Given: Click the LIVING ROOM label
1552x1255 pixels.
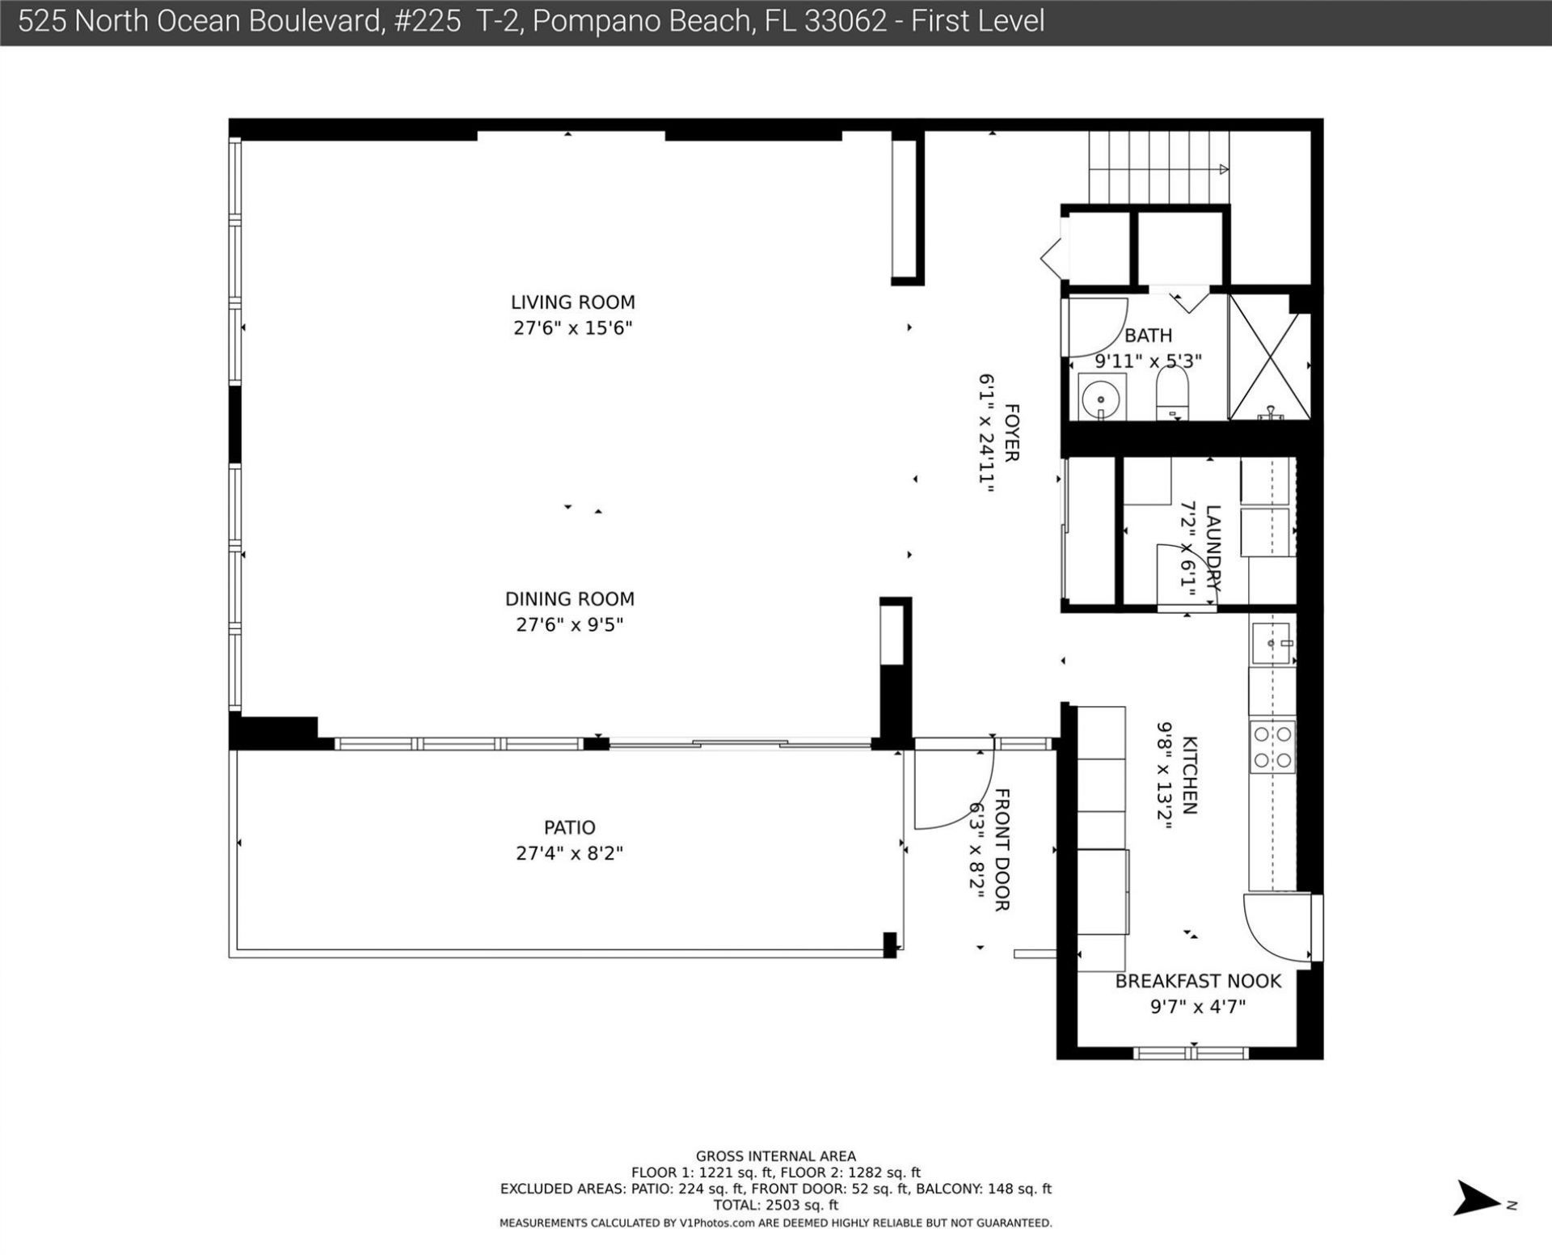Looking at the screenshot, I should (572, 302).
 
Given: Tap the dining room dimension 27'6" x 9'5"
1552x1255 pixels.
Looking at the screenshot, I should (570, 625).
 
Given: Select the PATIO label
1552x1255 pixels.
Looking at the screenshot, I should (569, 827).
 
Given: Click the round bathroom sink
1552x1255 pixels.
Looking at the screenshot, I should (1100, 399).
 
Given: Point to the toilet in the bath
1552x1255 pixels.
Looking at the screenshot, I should (1172, 394).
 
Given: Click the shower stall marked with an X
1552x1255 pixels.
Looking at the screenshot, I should (1269, 357).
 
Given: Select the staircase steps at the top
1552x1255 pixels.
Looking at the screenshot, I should (1158, 167).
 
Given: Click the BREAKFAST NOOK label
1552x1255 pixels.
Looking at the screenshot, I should (1198, 981).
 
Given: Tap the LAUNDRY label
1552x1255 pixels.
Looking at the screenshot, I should (1212, 548).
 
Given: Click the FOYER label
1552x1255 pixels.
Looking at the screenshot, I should (1011, 433).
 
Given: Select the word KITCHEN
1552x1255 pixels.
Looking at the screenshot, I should (1190, 774).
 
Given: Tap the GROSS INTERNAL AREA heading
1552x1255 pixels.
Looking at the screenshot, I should (775, 1156).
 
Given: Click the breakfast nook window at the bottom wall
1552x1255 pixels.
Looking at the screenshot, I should (1191, 1053).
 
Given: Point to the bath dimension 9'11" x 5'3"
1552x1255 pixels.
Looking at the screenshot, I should (1148, 361).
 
